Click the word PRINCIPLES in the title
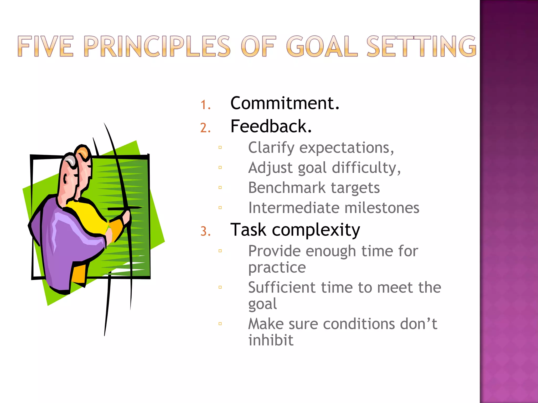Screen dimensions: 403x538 (157, 46)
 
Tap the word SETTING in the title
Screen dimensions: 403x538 (421, 46)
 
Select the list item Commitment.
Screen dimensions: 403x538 (285, 103)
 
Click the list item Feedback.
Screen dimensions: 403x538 (271, 126)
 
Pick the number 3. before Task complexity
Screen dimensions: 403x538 (205, 231)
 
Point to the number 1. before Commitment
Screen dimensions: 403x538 (205, 105)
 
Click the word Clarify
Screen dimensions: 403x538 (271, 148)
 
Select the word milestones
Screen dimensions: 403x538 (381, 208)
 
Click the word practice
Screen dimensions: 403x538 (277, 268)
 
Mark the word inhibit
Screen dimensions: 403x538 (271, 340)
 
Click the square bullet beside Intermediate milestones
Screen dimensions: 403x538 (220, 208)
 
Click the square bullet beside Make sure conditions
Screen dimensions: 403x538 (220, 324)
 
